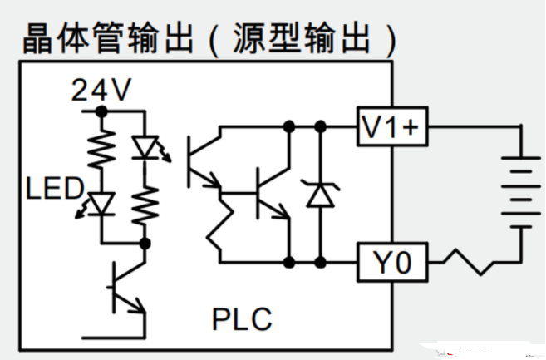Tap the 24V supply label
(x=101, y=91)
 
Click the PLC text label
(x=241, y=318)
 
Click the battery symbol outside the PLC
(x=519, y=190)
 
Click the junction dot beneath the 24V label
(x=101, y=110)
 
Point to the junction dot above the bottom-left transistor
(x=145, y=244)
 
